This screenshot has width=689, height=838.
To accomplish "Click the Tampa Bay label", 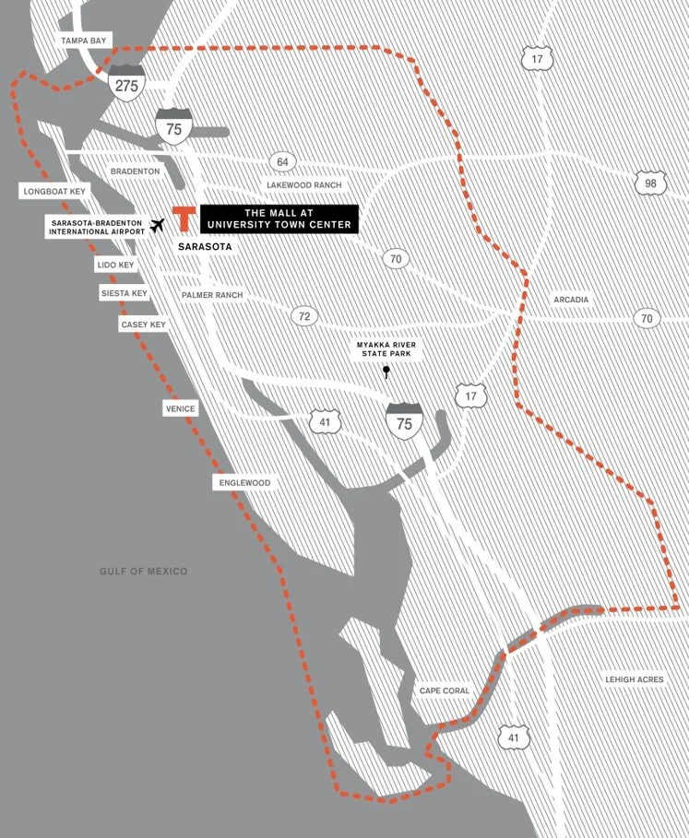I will point(84,41).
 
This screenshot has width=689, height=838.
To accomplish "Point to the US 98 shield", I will point(650,183).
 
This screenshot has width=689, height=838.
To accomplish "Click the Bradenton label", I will point(135,171).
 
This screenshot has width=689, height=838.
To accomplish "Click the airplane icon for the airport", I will point(157,225).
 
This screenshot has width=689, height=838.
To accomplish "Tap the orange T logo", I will point(184,218).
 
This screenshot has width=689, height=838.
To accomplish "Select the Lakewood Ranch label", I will point(303,185).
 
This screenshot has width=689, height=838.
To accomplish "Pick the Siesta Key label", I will point(125,293).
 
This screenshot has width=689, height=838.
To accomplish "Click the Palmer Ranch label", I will point(211,295).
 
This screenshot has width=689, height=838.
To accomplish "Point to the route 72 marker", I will point(303,316).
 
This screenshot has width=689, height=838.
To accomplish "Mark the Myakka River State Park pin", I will point(386,372).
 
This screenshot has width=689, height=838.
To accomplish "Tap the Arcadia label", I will point(571,300).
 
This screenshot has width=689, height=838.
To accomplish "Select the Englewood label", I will point(244,482).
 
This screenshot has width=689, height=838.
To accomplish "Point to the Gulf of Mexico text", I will point(143,572).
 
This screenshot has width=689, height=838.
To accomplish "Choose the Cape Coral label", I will point(445,690).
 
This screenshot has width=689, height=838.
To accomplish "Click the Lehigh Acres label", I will point(634,679).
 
